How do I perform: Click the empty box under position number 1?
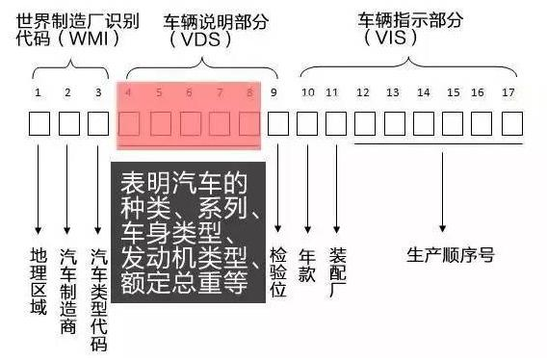click(39, 124)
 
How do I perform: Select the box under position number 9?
click(277, 124)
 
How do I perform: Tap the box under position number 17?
click(511, 124)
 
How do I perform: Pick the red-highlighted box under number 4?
click(129, 124)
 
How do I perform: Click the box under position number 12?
click(364, 124)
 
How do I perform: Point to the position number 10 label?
click(307, 93)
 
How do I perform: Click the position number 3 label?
click(97, 93)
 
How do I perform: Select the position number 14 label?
click(424, 93)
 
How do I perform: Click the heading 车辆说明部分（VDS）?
click(202, 30)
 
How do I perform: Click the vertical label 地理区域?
click(39, 278)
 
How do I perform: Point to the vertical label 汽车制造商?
click(68, 288)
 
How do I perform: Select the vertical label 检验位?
click(278, 272)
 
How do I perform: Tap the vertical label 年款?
click(307, 265)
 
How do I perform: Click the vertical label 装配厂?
click(336, 272)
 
